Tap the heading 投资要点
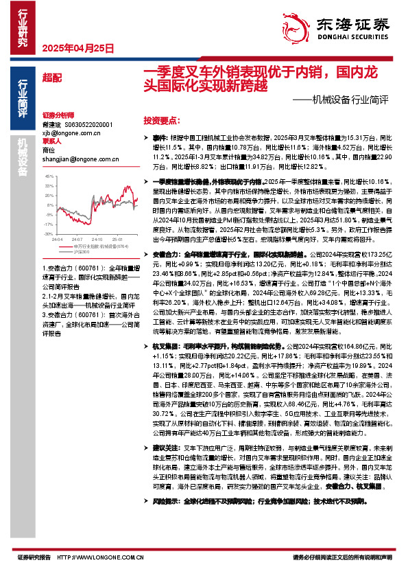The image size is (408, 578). pyautogui.click(x=162, y=119)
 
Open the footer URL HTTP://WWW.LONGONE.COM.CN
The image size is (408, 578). pyautogui.click(x=101, y=557)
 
